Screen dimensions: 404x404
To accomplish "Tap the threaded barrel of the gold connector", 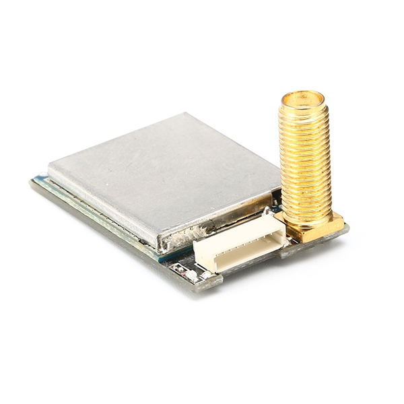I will coord(304,162).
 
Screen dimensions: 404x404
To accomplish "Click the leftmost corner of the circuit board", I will coord(31,180).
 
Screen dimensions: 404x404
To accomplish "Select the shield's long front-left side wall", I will coord(101,205).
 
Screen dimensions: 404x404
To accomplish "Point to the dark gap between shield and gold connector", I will coord(276,199).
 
